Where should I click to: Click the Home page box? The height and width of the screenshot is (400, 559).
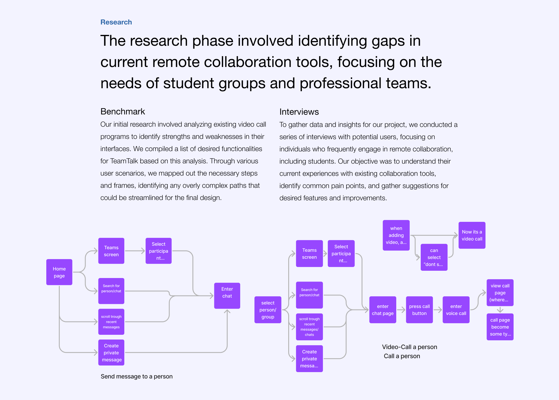[59, 272]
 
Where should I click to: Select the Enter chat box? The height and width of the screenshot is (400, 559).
[227, 293]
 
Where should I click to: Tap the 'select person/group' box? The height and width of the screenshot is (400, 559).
[268, 310]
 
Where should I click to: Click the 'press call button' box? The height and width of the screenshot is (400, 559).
[419, 310]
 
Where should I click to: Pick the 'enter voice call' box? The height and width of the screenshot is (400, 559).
[456, 310]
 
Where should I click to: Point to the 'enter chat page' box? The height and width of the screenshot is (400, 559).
[383, 310]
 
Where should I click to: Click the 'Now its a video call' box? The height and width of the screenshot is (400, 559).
[472, 235]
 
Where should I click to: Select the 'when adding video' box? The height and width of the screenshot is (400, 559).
[396, 235]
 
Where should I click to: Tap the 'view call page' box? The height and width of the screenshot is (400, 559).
[500, 293]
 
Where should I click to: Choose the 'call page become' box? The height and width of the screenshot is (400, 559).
[500, 327]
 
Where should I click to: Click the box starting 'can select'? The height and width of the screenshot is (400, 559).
[434, 257]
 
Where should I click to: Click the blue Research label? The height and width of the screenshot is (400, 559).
[116, 22]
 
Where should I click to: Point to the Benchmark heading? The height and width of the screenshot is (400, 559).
[123, 111]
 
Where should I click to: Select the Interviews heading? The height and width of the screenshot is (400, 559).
[299, 112]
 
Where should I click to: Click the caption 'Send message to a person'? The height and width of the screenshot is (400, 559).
[137, 376]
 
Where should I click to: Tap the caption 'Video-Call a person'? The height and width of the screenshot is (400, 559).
[409, 347]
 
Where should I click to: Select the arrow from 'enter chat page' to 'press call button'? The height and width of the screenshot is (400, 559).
[401, 310]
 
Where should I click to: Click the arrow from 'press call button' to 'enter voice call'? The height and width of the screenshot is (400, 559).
[438, 310]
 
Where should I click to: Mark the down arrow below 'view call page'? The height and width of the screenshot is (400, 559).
[500, 310]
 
